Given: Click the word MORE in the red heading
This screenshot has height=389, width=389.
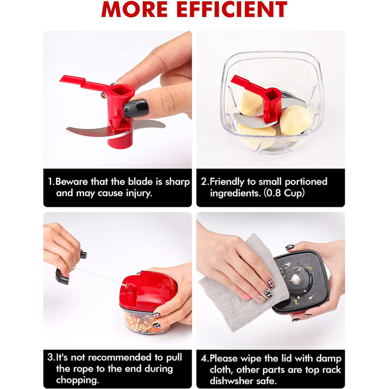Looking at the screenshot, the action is click(x=135, y=9).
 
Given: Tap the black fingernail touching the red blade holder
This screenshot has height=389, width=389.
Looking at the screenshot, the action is click(x=136, y=108).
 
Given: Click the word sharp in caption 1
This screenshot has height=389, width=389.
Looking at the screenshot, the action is click(x=177, y=182).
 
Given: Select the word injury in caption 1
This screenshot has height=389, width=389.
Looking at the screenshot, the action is click(x=138, y=193).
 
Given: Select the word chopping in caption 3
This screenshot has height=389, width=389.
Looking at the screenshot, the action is click(x=77, y=380).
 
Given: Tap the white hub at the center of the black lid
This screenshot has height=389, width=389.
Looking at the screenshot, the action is click(x=296, y=280).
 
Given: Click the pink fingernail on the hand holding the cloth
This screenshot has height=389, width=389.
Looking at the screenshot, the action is click(x=247, y=296).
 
